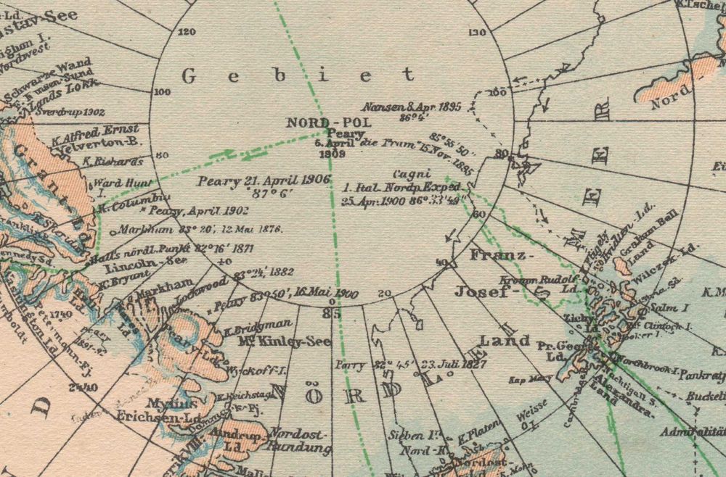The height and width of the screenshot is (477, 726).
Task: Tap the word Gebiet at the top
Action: pos(298,75)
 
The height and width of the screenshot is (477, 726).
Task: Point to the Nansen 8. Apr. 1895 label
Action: pos(412,107)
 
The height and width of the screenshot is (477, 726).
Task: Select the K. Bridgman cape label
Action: pos(258,326)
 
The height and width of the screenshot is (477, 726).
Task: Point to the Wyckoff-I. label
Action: pos(250,370)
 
